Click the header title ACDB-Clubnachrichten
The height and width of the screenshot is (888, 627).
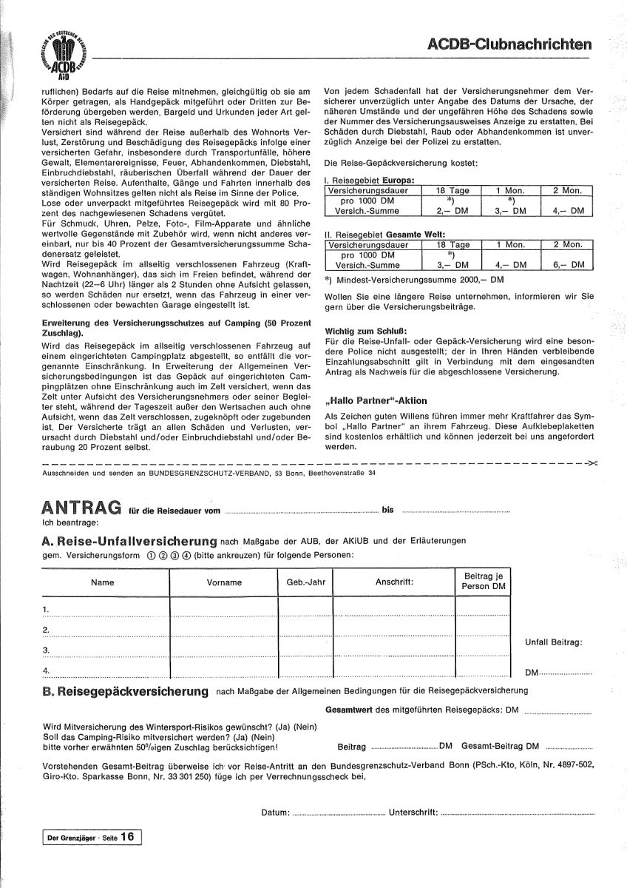[511, 45]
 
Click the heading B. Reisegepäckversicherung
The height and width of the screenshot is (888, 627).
[123, 691]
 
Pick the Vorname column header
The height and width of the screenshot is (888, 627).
[225, 582]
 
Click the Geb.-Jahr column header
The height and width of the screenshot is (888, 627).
[306, 582]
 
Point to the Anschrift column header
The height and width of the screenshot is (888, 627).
[394, 582]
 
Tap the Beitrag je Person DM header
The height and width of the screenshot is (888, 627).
[484, 581]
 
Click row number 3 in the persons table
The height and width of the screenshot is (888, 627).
[46, 650]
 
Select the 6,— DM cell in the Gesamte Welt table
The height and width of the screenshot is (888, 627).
[568, 264]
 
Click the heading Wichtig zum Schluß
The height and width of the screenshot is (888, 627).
[366, 330]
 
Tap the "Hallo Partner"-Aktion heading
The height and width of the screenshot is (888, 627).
[376, 400]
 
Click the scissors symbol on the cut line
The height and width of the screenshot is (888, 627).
[592, 464]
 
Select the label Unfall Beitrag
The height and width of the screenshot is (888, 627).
[553, 642]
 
